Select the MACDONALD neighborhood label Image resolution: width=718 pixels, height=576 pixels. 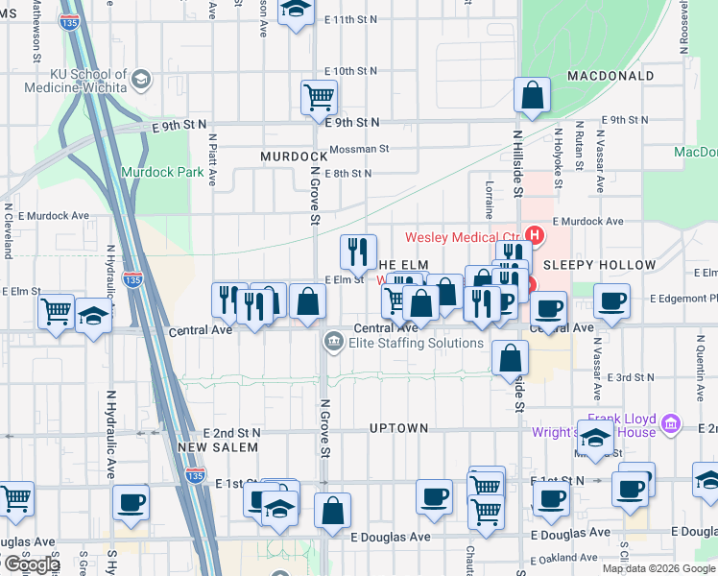click(610, 75)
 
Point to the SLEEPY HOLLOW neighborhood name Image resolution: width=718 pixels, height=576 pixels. click(599, 265)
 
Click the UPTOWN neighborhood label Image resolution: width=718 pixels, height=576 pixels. click(398, 428)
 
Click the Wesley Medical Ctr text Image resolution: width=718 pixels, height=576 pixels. click(462, 237)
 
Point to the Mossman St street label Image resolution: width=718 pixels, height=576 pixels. click(358, 149)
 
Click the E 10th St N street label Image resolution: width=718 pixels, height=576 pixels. click(350, 71)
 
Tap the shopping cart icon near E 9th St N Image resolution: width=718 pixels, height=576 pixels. click(319, 96)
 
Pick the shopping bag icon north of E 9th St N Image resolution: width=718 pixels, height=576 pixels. click(531, 95)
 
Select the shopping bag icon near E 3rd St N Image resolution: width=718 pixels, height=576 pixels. click(510, 357)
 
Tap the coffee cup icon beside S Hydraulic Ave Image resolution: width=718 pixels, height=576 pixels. click(131, 501)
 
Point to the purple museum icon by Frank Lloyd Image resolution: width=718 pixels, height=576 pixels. click(672, 423)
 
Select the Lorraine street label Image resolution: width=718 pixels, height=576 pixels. click(490, 196)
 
